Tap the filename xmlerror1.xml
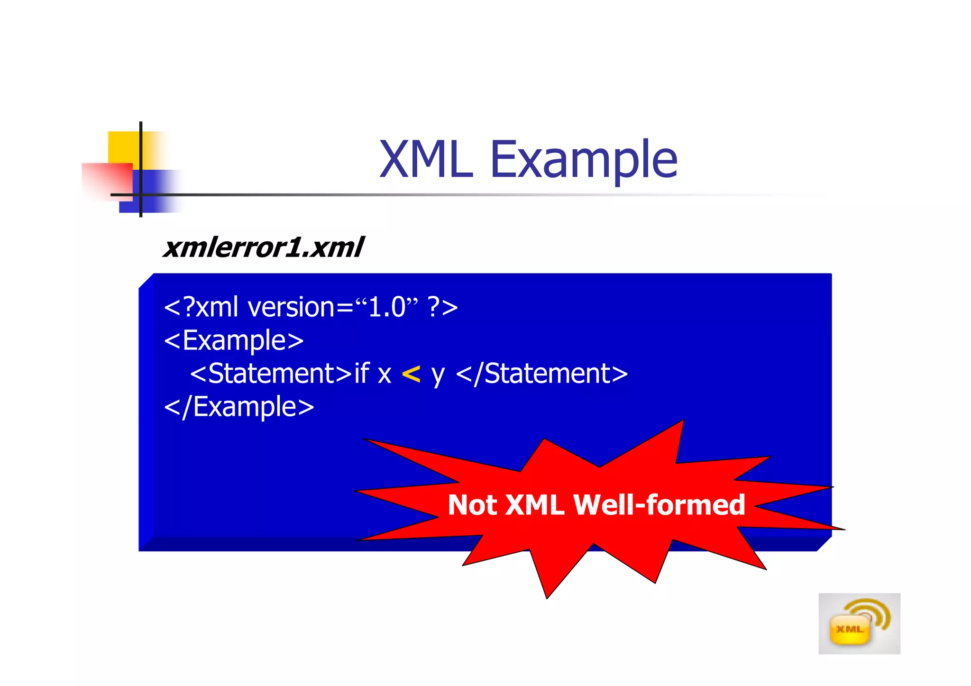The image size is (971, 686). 264,247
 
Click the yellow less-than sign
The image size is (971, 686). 411,374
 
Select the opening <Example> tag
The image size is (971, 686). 234,341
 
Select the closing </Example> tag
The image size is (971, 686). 239,407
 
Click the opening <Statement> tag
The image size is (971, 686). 271,374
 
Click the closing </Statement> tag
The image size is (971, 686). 541,374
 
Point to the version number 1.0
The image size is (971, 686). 387,307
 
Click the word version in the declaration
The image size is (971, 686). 292,307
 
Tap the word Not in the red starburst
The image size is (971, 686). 472,505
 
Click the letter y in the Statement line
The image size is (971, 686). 438,375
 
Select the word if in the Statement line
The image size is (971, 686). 361,373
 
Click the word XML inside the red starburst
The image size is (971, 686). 535,505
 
